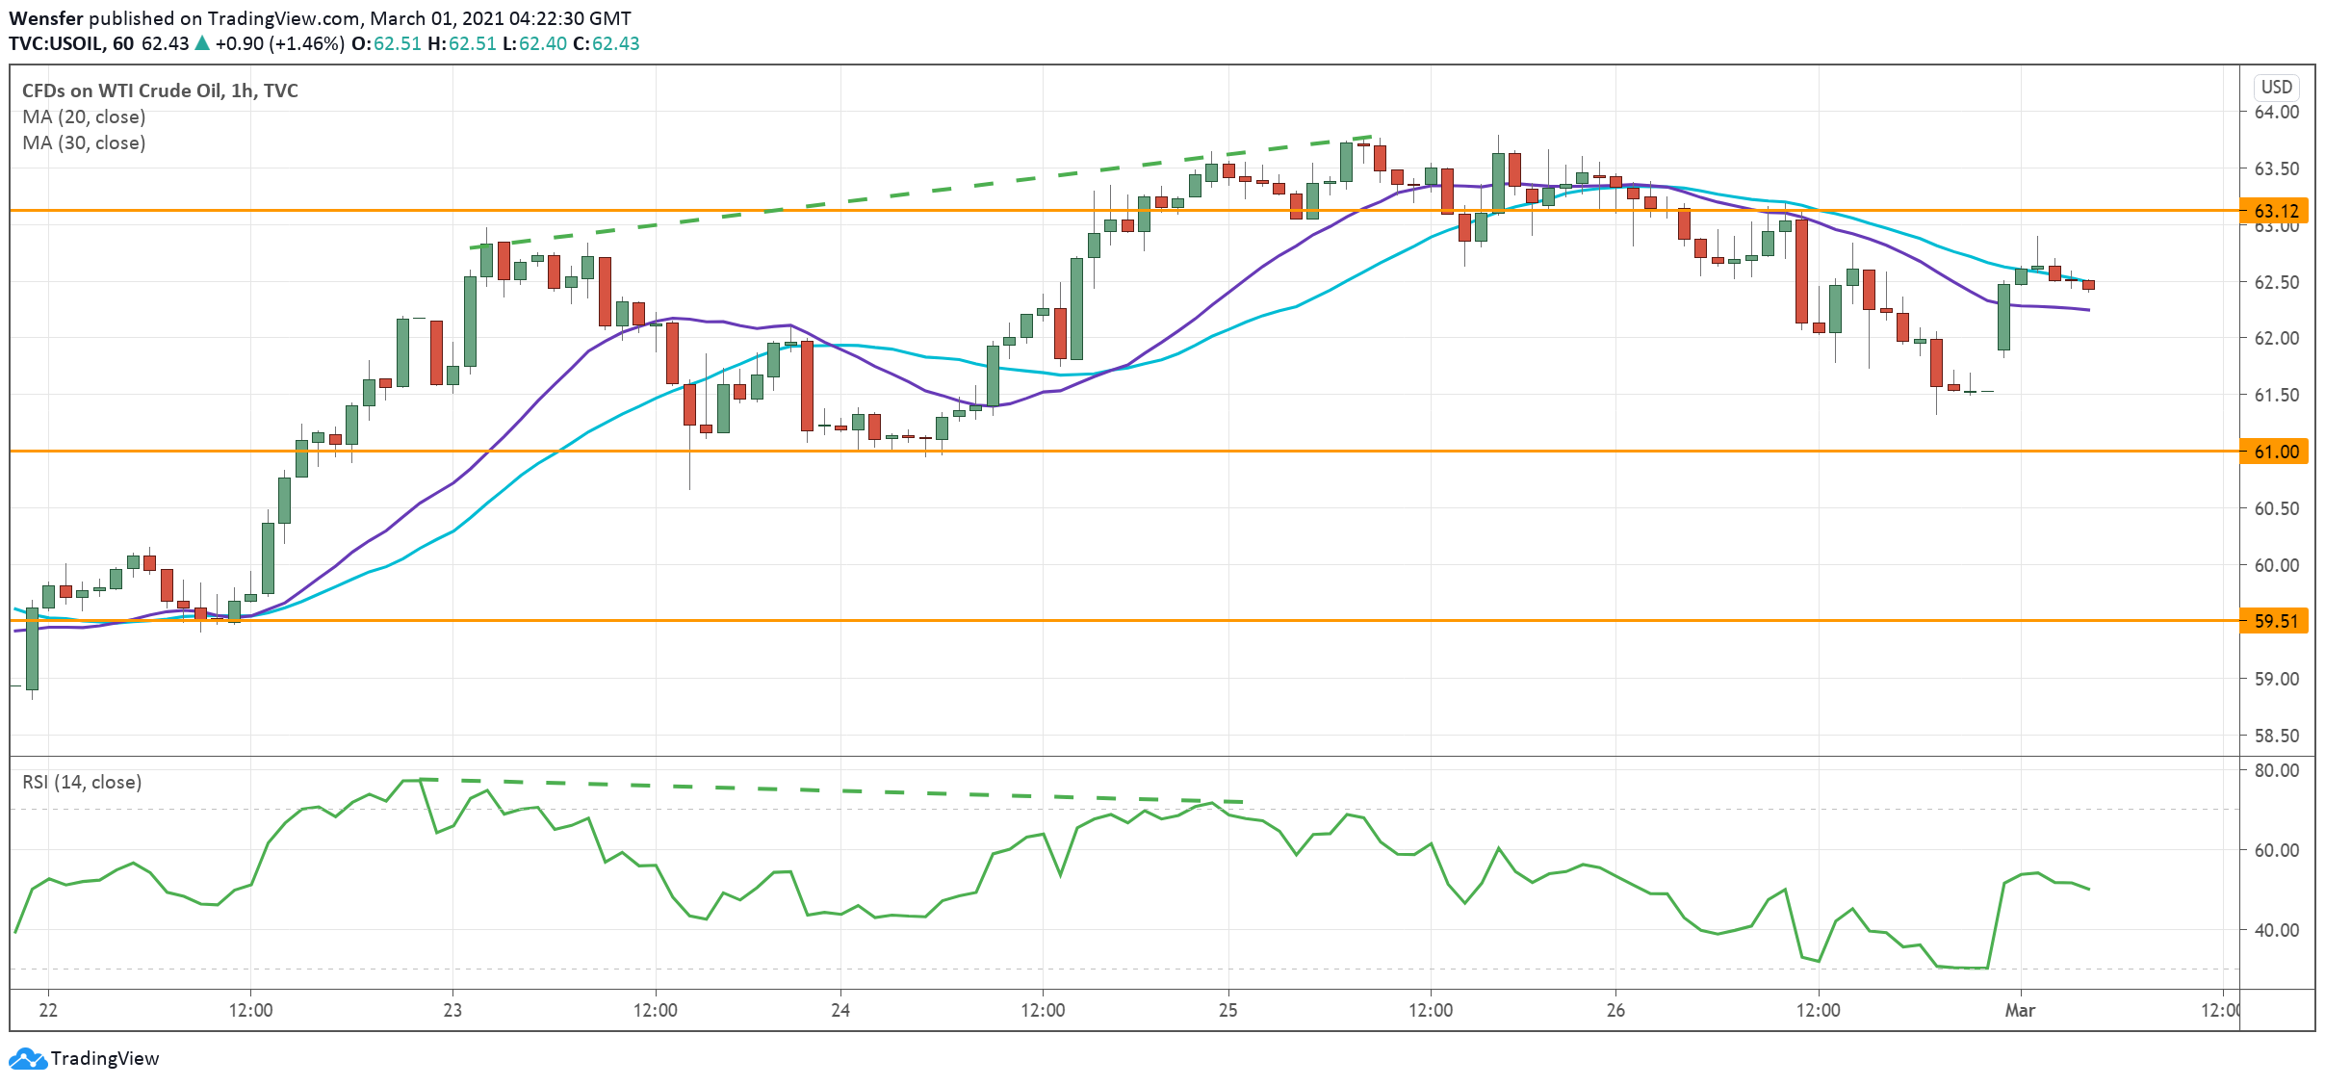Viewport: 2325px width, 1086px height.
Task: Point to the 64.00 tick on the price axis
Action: coord(2276,112)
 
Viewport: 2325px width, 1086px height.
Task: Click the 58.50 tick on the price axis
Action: coord(2276,736)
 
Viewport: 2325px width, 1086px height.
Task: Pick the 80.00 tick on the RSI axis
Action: coord(2276,770)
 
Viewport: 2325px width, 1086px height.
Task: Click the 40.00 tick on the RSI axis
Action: coord(2276,930)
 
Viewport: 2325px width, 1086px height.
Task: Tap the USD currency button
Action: coord(2276,87)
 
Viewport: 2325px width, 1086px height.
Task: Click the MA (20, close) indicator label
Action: coord(84,116)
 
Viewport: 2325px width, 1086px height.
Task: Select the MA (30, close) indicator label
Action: coord(84,142)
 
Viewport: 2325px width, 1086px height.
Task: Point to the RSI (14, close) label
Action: coord(82,782)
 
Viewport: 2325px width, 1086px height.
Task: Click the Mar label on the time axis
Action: coord(2020,1010)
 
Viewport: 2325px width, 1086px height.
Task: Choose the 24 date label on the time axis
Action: coord(840,1010)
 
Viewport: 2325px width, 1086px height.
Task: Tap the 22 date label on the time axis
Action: coord(48,1010)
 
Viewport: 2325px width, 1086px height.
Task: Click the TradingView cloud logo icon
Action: coord(27,1059)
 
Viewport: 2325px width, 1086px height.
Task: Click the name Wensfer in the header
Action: coord(46,18)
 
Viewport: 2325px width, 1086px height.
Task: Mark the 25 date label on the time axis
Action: coord(1228,1010)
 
